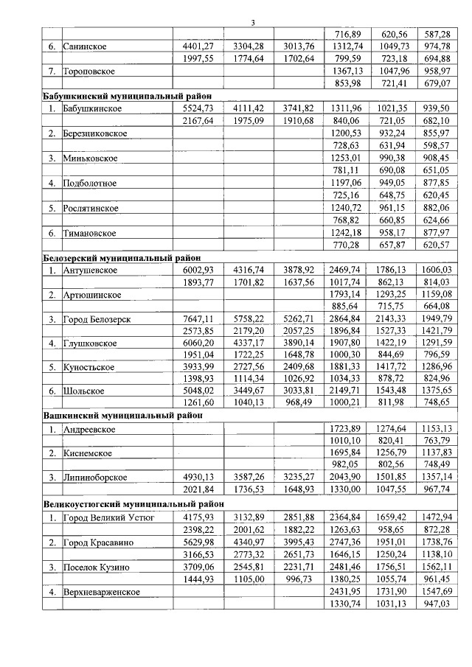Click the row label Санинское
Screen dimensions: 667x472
(86, 46)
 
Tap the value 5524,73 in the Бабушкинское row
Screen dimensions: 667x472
(197, 108)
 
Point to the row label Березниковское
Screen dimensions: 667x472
(96, 133)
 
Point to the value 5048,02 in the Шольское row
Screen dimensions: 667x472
(197, 391)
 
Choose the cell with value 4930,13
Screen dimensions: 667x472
(197, 477)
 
